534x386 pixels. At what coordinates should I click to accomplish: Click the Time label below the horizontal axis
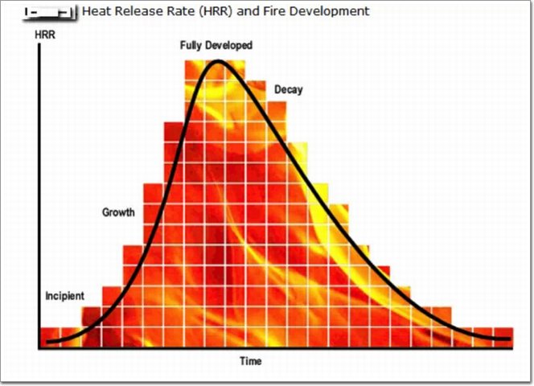[250, 361]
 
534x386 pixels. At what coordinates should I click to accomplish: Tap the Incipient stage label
[64, 296]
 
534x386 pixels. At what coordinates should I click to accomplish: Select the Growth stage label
[118, 212]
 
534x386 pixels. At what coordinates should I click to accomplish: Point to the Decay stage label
[288, 90]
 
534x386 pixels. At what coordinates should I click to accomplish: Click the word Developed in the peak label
[230, 46]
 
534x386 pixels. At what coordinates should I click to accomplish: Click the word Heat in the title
[96, 11]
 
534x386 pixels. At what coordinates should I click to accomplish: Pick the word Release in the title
[133, 11]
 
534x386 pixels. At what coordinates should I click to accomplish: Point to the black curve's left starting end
[48, 342]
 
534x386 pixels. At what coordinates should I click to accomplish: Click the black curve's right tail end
[509, 339]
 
